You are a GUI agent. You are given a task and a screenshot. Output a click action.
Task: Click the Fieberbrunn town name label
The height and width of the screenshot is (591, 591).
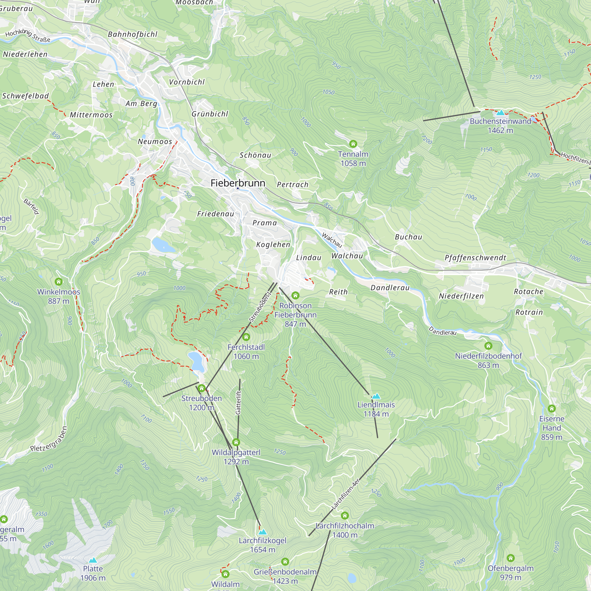click(238, 183)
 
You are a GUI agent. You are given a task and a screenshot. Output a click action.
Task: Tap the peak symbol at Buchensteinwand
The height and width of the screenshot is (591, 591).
click(500, 113)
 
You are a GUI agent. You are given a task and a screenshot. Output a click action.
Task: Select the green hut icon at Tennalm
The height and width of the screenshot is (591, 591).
click(353, 144)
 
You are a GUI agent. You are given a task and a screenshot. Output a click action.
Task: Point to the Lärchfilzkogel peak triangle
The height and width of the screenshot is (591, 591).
click(262, 532)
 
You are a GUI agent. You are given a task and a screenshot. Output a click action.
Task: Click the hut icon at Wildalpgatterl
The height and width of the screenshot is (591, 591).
click(236, 442)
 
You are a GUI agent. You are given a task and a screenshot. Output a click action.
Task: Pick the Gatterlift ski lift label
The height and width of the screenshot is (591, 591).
click(238, 402)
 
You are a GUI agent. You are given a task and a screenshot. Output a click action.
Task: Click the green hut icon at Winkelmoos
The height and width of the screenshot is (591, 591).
click(59, 281)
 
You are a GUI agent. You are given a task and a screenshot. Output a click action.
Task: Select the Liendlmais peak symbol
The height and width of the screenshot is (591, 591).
click(376, 396)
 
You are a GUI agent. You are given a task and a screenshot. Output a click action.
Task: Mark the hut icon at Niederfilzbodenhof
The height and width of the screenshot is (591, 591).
click(488, 346)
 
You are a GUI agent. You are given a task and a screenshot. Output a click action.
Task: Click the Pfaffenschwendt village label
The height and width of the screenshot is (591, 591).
click(475, 258)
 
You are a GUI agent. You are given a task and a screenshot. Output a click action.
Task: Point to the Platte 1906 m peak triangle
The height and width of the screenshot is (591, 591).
click(93, 560)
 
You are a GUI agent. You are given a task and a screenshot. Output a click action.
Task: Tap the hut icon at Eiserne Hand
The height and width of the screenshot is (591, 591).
click(551, 408)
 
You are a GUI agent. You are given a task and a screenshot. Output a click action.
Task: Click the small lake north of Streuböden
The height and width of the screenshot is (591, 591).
click(196, 361)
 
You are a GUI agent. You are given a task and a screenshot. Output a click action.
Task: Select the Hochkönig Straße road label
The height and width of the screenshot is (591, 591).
click(27, 35)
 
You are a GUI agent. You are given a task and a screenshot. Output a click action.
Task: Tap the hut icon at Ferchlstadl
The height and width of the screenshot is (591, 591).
click(246, 337)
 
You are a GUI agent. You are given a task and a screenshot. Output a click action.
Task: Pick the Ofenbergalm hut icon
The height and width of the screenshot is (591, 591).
click(511, 558)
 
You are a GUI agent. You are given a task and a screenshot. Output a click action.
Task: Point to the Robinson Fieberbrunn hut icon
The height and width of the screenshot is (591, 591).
click(295, 295)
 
